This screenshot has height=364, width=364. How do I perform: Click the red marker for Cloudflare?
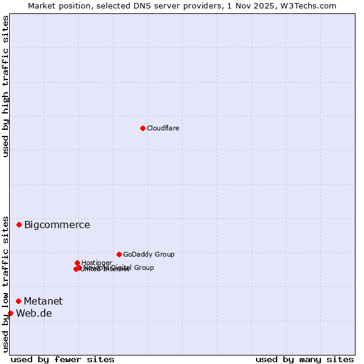[143, 128]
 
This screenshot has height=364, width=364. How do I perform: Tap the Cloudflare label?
[163, 128]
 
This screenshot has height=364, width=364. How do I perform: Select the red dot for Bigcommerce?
[19, 224]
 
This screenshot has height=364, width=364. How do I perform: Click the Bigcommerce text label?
[57, 225]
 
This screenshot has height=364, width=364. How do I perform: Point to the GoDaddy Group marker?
[119, 254]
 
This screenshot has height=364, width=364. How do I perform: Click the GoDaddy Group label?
[149, 254]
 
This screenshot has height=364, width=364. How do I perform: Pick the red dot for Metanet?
[18, 301]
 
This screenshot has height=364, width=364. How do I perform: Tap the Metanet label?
[43, 302]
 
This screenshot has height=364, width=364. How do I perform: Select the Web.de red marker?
[10, 313]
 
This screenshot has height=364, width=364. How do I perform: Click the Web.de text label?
[34, 314]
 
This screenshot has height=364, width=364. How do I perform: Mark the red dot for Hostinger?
[77, 263]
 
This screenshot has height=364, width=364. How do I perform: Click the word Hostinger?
[97, 263]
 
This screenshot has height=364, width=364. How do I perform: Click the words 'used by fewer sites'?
[62, 360]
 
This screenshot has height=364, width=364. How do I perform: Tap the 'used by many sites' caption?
[305, 360]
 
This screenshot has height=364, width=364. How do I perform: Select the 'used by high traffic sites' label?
[5, 86]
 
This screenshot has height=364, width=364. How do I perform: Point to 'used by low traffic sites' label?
[5, 284]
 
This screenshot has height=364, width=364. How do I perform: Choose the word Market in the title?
[41, 5]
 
